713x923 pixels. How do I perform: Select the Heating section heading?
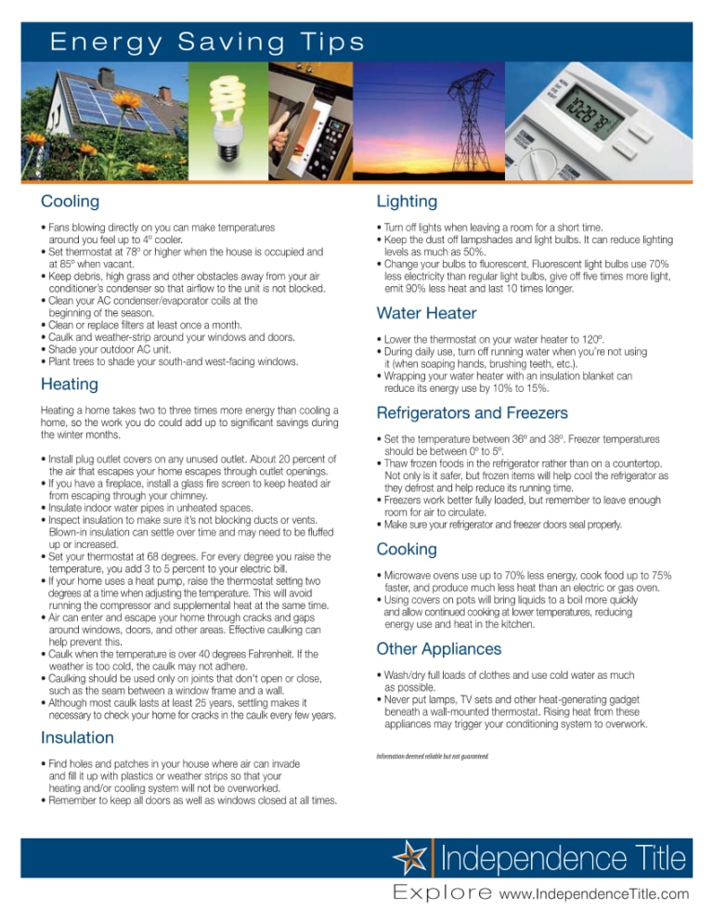pyautogui.click(x=71, y=384)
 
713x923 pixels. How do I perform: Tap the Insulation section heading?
pyautogui.click(x=77, y=738)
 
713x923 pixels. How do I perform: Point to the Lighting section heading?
pyautogui.click(x=407, y=201)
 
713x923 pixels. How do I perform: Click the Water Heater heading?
pyautogui.click(x=426, y=314)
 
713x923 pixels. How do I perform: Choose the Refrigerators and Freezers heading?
pyautogui.click(x=472, y=413)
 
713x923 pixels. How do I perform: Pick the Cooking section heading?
pyautogui.click(x=407, y=550)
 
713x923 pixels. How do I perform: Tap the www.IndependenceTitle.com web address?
pyautogui.click(x=593, y=895)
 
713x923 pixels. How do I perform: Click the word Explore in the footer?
pyautogui.click(x=442, y=895)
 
